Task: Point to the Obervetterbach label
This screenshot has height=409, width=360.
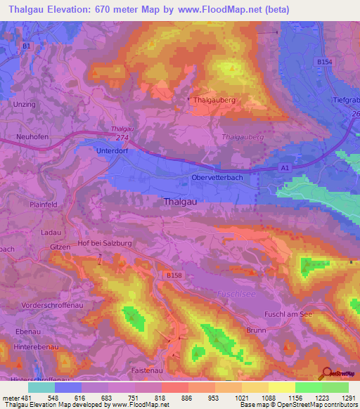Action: pyautogui.click(x=217, y=178)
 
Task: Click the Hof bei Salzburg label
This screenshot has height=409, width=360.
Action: pyautogui.click(x=104, y=243)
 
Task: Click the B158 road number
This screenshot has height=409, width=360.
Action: pyautogui.click(x=174, y=275)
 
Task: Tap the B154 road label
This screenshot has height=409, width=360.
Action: pyautogui.click(x=324, y=63)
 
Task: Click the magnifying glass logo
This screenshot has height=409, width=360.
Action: pyautogui.click(x=327, y=374)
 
